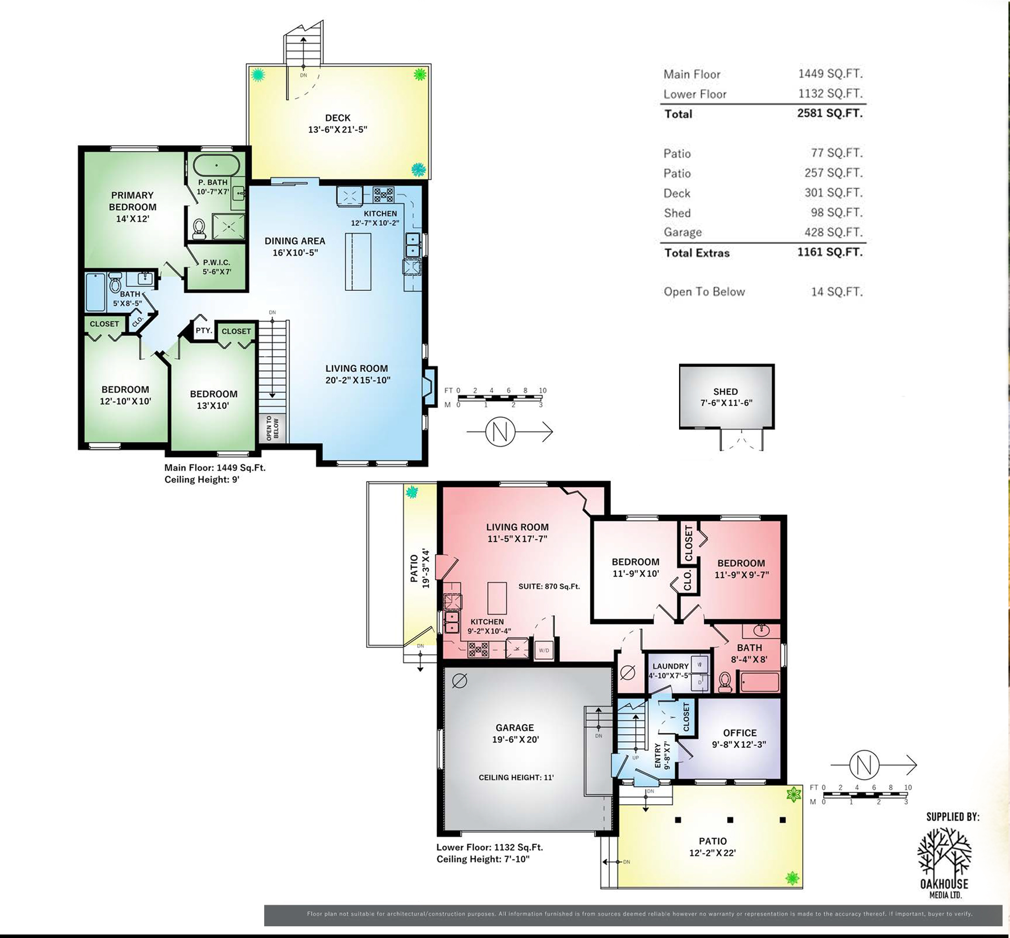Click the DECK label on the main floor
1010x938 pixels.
(x=338, y=118)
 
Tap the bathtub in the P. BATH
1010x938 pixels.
(x=216, y=165)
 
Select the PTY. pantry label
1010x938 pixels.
(x=204, y=330)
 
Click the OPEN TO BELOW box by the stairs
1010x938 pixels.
(x=273, y=428)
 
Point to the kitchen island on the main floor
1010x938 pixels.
(x=358, y=261)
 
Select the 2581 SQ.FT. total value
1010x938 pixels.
(x=829, y=113)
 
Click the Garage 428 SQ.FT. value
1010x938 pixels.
(x=836, y=232)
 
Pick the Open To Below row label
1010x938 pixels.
(x=704, y=292)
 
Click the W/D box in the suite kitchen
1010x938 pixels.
(x=543, y=650)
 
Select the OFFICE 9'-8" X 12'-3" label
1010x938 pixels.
(x=739, y=739)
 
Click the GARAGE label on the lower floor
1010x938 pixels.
(x=514, y=727)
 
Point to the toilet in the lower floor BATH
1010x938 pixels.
(x=725, y=682)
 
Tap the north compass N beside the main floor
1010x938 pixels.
(x=500, y=432)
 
